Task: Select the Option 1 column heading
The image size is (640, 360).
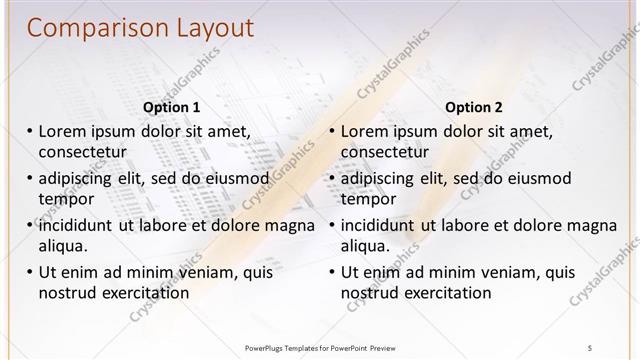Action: (x=172, y=107)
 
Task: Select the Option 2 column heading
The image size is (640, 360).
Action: (x=474, y=107)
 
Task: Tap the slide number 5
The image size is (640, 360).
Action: (x=590, y=347)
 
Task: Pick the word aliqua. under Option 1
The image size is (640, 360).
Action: (x=63, y=246)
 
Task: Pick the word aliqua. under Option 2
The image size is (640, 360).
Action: (x=366, y=246)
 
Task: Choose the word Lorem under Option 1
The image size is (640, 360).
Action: (x=62, y=131)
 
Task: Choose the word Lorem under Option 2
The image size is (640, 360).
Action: (x=365, y=131)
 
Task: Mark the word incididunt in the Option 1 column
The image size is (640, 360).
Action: (x=76, y=225)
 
